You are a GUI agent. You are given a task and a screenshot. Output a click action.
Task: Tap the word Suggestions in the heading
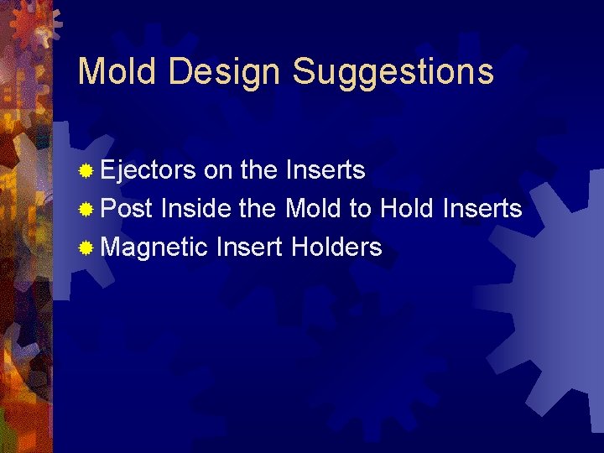[393, 73]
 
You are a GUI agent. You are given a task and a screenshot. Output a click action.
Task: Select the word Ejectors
[148, 171]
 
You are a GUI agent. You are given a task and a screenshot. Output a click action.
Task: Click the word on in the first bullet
[218, 171]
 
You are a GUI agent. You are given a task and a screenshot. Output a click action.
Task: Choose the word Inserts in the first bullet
[325, 170]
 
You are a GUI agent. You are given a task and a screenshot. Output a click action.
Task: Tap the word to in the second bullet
[361, 209]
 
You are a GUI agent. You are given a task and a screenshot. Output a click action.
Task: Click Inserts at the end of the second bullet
[482, 209]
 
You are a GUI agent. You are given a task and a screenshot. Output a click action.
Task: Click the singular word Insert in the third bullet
[248, 247]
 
